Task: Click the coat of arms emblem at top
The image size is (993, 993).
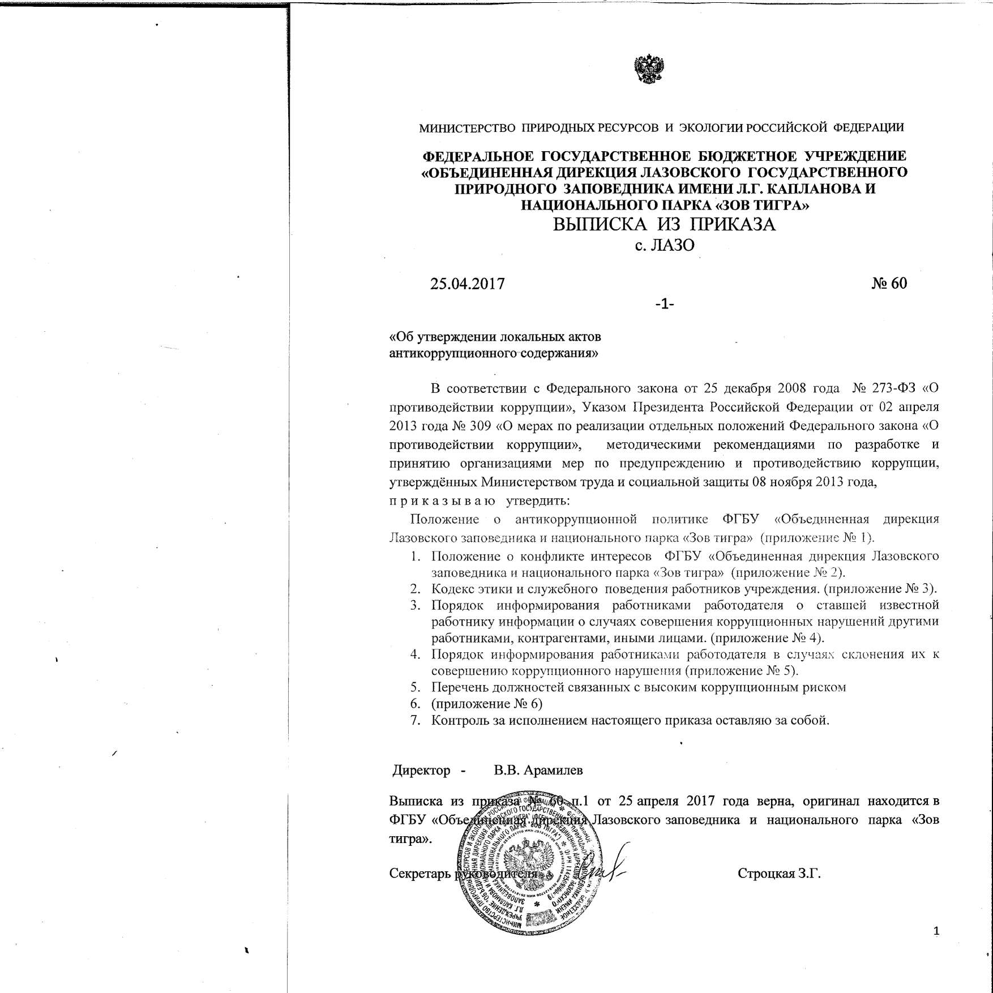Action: point(648,70)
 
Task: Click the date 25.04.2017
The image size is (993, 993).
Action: point(467,283)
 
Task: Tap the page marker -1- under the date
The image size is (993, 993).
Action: point(664,304)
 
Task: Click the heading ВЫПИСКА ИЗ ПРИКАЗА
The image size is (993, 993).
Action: point(664,225)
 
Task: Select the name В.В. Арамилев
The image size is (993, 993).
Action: point(538,770)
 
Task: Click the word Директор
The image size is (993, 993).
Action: point(422,770)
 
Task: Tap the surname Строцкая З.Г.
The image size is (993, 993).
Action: point(779,874)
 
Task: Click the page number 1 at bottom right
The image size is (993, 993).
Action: point(936,931)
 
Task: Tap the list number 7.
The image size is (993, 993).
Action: point(416,720)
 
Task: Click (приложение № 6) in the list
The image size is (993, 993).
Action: point(486,704)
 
